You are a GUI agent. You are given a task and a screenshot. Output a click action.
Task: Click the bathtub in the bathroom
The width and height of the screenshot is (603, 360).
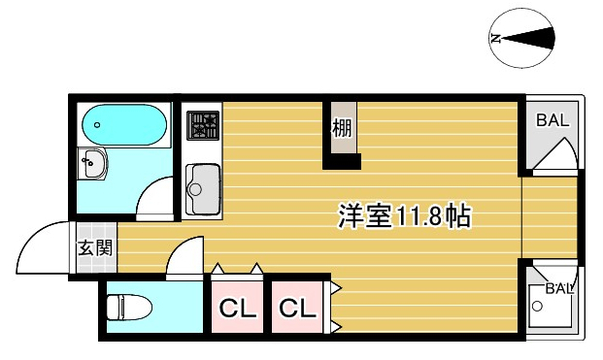pyautogui.click(x=124, y=124)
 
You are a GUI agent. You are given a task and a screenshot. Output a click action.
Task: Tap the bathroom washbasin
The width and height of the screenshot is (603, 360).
pyautogui.click(x=92, y=164)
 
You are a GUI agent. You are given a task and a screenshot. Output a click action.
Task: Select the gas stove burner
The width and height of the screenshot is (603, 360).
pyautogui.click(x=203, y=125)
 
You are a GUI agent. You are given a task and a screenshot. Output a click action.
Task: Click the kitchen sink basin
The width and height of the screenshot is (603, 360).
pyautogui.click(x=203, y=189)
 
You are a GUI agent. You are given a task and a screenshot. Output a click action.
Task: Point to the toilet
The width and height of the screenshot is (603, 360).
pyautogui.click(x=129, y=307)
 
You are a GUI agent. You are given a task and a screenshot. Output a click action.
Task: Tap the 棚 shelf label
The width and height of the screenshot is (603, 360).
pyautogui.click(x=342, y=127)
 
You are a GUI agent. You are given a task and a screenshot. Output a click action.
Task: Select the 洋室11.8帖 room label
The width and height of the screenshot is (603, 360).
pyautogui.click(x=404, y=216)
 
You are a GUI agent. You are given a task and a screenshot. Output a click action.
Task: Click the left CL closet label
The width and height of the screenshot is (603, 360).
pyautogui.click(x=238, y=308)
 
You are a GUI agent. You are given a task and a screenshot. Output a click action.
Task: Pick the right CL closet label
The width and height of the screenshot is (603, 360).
pyautogui.click(x=298, y=308)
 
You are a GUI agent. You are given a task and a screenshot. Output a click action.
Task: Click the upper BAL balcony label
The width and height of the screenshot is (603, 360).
pyautogui.click(x=553, y=120)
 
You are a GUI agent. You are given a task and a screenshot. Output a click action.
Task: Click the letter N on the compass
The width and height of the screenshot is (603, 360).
pyautogui.click(x=496, y=39)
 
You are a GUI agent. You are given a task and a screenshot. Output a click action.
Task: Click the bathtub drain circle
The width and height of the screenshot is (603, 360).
pyautogui.click(x=97, y=125)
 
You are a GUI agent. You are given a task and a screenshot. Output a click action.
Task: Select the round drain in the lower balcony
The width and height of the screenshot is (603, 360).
pyautogui.click(x=537, y=307)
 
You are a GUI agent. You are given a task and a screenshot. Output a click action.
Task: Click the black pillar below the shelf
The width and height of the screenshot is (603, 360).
pyautogui.click(x=342, y=161)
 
